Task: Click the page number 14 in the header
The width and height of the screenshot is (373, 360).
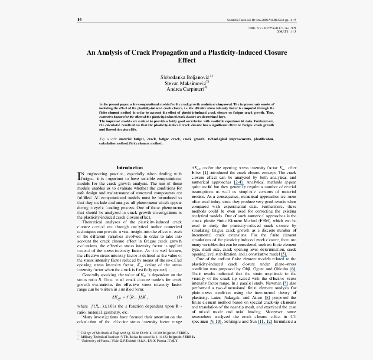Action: coord(79,20)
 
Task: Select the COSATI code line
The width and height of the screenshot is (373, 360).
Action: coord(286,32)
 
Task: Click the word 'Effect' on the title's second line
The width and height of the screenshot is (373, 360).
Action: coord(186,60)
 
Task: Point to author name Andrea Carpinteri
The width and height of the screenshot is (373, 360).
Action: coord(185,88)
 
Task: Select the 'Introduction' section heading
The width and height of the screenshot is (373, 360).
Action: coord(129,167)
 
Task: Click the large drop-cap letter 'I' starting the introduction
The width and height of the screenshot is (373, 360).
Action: coord(79,176)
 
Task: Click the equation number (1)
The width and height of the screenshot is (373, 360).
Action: coord(179,297)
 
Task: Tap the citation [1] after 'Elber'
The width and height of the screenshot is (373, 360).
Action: coord(205,173)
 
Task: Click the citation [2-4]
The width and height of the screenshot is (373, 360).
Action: coord(239,182)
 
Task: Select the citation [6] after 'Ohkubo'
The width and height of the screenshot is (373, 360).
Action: coord(293,269)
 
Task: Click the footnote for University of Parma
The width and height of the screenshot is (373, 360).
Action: coord(130,341)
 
